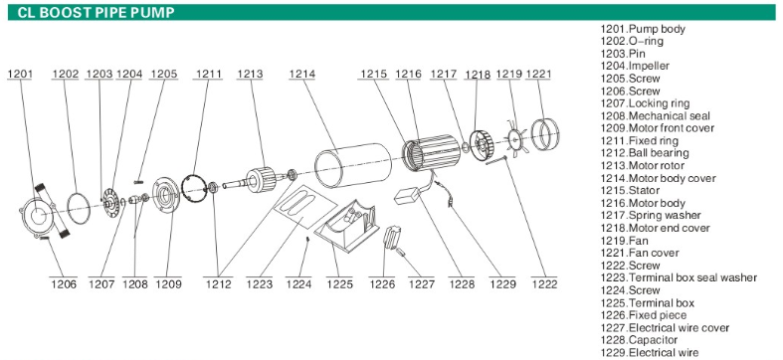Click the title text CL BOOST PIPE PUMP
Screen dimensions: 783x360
point(96,13)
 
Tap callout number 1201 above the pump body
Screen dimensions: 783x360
point(20,74)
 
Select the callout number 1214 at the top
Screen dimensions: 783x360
point(302,74)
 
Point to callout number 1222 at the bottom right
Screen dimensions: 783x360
point(544,284)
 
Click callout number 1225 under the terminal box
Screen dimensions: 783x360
point(339,284)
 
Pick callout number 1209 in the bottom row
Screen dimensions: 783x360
point(168,284)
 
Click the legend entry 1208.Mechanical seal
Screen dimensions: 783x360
point(655,115)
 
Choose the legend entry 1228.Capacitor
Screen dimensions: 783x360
point(639,340)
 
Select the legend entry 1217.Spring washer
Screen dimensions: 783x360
point(651,215)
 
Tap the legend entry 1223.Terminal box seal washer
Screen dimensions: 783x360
point(679,277)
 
